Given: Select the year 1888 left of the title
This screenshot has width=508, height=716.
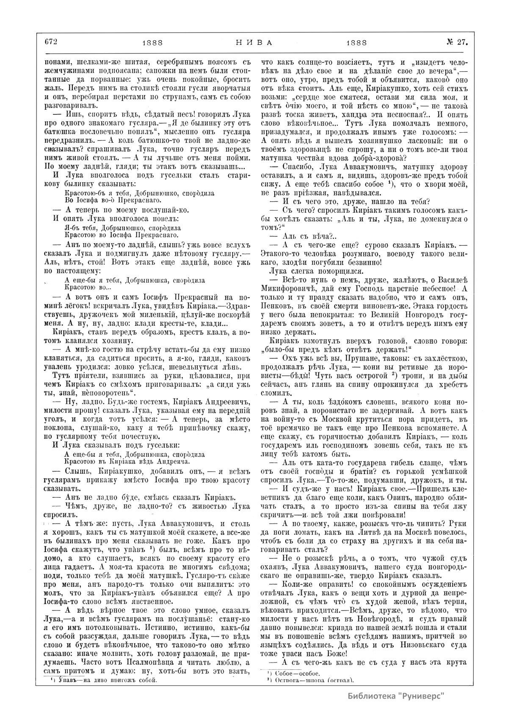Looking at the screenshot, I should (x=153, y=43).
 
